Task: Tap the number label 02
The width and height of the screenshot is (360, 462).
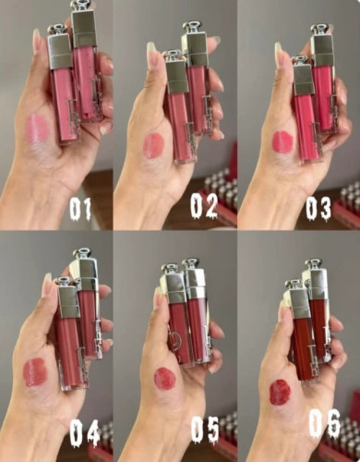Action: (x=204, y=206)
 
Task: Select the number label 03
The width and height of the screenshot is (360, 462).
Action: (x=318, y=208)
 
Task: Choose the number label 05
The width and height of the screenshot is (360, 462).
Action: (x=205, y=429)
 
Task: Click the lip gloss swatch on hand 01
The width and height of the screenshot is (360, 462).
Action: (x=37, y=128)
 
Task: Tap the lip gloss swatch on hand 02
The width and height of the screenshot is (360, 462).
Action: (x=154, y=145)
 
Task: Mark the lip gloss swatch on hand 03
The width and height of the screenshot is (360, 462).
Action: (x=282, y=141)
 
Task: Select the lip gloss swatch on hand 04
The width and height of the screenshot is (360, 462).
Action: (x=35, y=371)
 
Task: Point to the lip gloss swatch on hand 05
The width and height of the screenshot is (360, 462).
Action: (x=164, y=379)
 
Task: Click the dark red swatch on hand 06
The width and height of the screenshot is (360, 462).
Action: (x=280, y=392)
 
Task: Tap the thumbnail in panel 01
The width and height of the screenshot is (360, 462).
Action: (x=37, y=40)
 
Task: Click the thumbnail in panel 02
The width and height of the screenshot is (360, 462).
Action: (x=151, y=52)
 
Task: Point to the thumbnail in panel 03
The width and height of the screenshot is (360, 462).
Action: (x=279, y=52)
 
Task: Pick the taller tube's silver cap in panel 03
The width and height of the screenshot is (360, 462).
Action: (x=322, y=44)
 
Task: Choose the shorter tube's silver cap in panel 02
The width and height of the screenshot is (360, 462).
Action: (x=176, y=71)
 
